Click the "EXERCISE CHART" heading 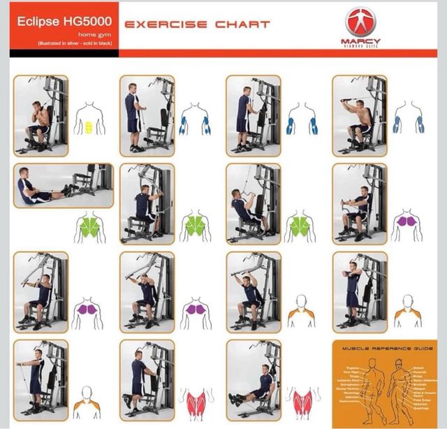click(x=197, y=24)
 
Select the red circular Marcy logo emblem click(x=360, y=21)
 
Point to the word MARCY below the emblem click(x=360, y=41)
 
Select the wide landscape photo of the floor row click(x=63, y=185)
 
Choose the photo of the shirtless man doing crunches click(x=41, y=116)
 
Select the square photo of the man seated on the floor click(x=254, y=378)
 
